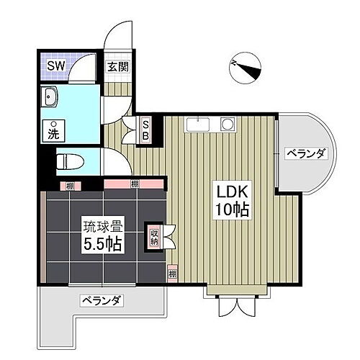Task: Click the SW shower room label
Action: (55, 66)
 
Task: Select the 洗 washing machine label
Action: (54, 132)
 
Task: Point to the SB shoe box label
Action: (144, 129)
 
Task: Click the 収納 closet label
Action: (154, 237)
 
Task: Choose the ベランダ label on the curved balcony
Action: (306, 153)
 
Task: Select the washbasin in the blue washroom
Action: (51, 98)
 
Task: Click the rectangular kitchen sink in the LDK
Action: (196, 125)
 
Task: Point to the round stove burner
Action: (227, 125)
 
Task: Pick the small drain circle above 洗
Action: (53, 120)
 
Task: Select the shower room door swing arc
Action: (85, 68)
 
